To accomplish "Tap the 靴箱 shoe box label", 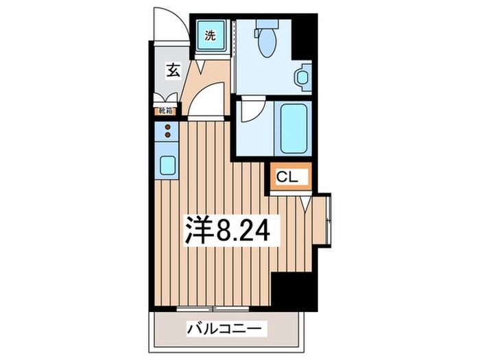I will tap(167, 110).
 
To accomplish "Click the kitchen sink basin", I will tap(167, 165).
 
